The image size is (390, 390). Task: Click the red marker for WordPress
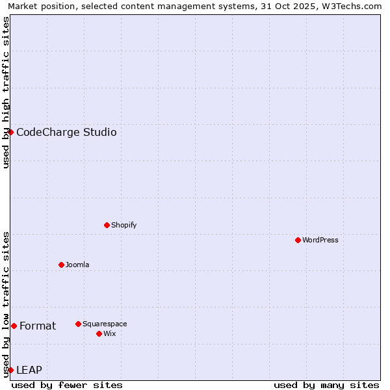[298, 240]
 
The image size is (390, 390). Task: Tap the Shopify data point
[107, 225]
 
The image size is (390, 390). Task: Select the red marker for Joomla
[62, 265]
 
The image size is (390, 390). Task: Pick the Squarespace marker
[79, 324]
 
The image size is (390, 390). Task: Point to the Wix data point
[99, 333]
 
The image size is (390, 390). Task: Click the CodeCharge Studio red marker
[11, 132]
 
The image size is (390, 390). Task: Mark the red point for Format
[14, 326]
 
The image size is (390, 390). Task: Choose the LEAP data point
[11, 370]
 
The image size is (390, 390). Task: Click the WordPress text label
[320, 240]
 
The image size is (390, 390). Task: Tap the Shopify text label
[124, 225]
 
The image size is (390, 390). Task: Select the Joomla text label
[77, 265]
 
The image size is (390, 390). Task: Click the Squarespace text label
[105, 324]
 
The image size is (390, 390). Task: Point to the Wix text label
[110, 333]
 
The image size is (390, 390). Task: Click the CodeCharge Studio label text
[66, 133]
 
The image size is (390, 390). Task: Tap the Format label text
[38, 326]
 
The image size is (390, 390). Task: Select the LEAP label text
[29, 370]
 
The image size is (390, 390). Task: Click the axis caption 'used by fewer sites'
[67, 385]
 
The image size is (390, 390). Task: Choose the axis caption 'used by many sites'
[326, 385]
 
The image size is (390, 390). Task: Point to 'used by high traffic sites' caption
[6, 92]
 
